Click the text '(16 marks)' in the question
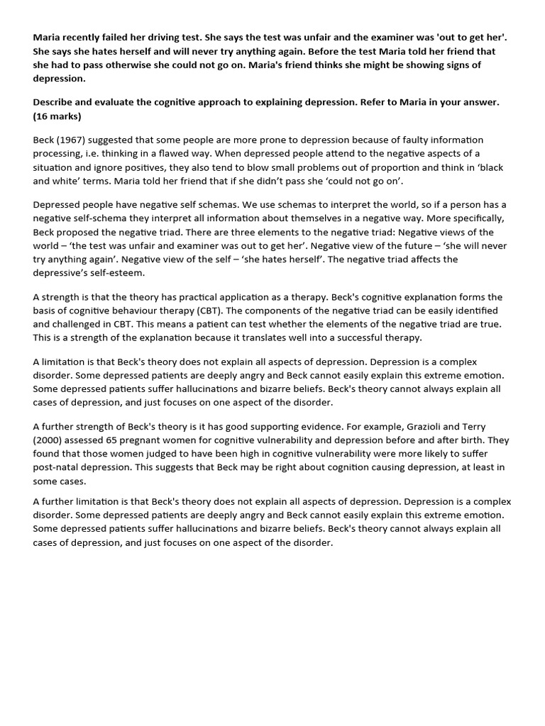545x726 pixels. (x=57, y=116)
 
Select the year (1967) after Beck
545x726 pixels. (x=76, y=140)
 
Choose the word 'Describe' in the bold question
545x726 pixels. (x=57, y=102)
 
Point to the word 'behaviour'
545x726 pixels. (x=133, y=311)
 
